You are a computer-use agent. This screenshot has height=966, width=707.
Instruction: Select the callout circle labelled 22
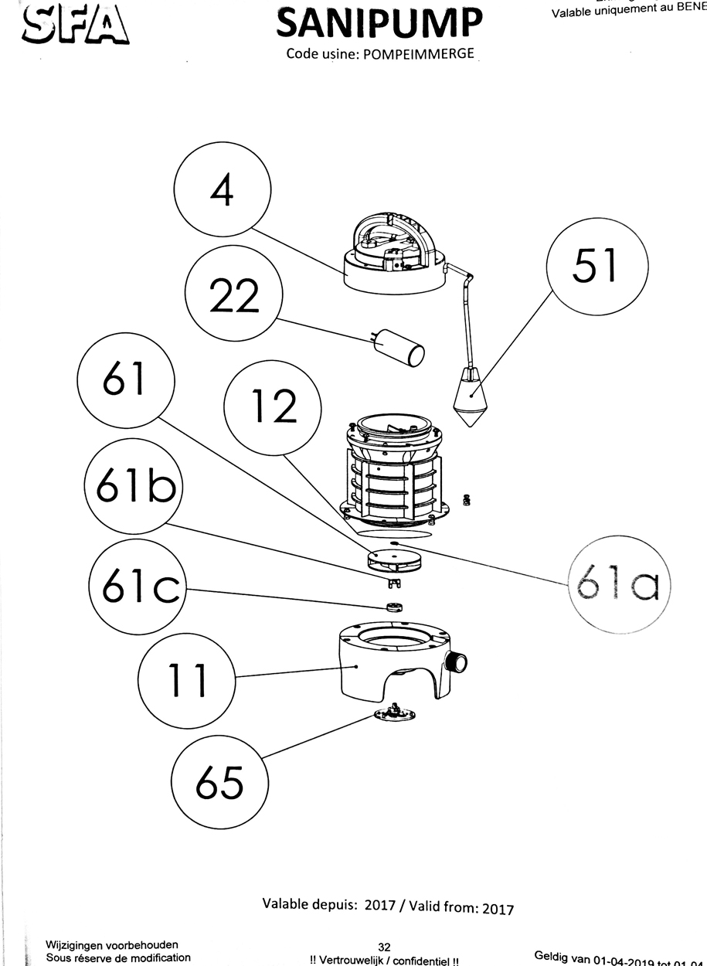[234, 296]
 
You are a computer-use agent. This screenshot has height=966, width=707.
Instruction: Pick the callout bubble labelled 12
[272, 406]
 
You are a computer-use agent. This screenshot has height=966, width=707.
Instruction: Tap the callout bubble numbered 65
[220, 782]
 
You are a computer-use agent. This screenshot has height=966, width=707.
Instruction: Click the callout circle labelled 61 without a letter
[126, 381]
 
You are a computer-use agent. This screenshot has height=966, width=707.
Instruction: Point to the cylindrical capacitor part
[399, 349]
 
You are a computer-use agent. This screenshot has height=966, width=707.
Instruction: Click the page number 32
[384, 947]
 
